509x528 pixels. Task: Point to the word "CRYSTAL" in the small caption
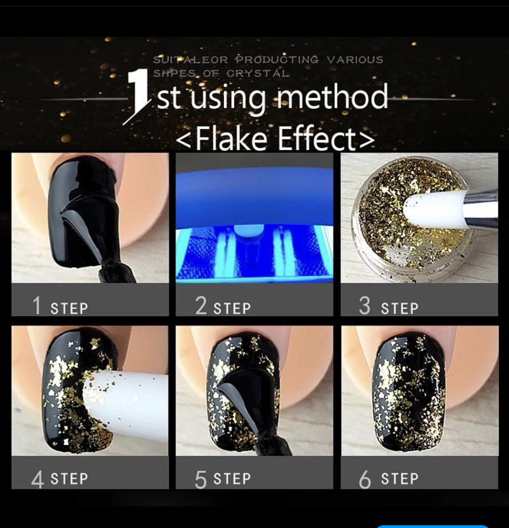pos(258,73)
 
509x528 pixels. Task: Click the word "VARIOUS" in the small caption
pos(355,60)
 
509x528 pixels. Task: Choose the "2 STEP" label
pos(223,306)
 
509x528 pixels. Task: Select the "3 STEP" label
pos(389,306)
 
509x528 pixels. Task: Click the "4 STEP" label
pos(60,479)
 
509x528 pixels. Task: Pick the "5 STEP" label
pos(223,479)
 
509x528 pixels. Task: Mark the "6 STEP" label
pos(389,479)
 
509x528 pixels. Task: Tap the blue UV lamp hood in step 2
pos(254,195)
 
